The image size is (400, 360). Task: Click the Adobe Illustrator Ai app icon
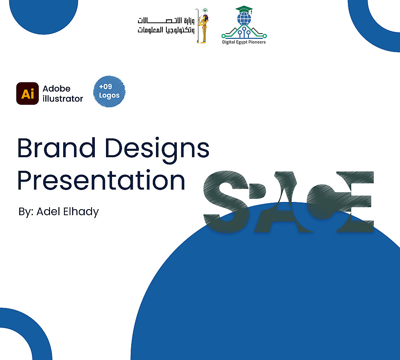coord(28,93)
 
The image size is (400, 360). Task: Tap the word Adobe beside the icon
coord(56,88)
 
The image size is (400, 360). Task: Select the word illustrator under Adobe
coord(63,98)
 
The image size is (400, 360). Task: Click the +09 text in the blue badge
coord(106,86)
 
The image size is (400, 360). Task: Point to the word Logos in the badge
coord(109,96)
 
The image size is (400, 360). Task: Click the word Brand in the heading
coord(56,148)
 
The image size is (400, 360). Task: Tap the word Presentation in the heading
coord(101,180)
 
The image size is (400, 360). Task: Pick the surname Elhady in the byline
coord(81,212)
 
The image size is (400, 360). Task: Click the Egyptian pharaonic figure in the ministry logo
coord(203,26)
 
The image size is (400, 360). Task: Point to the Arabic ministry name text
coord(166,25)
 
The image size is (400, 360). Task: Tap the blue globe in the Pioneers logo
coord(244,19)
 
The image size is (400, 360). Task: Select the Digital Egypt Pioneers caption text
coord(244,42)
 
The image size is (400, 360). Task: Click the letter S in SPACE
coord(226,202)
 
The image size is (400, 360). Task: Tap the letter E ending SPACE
coord(355,202)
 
